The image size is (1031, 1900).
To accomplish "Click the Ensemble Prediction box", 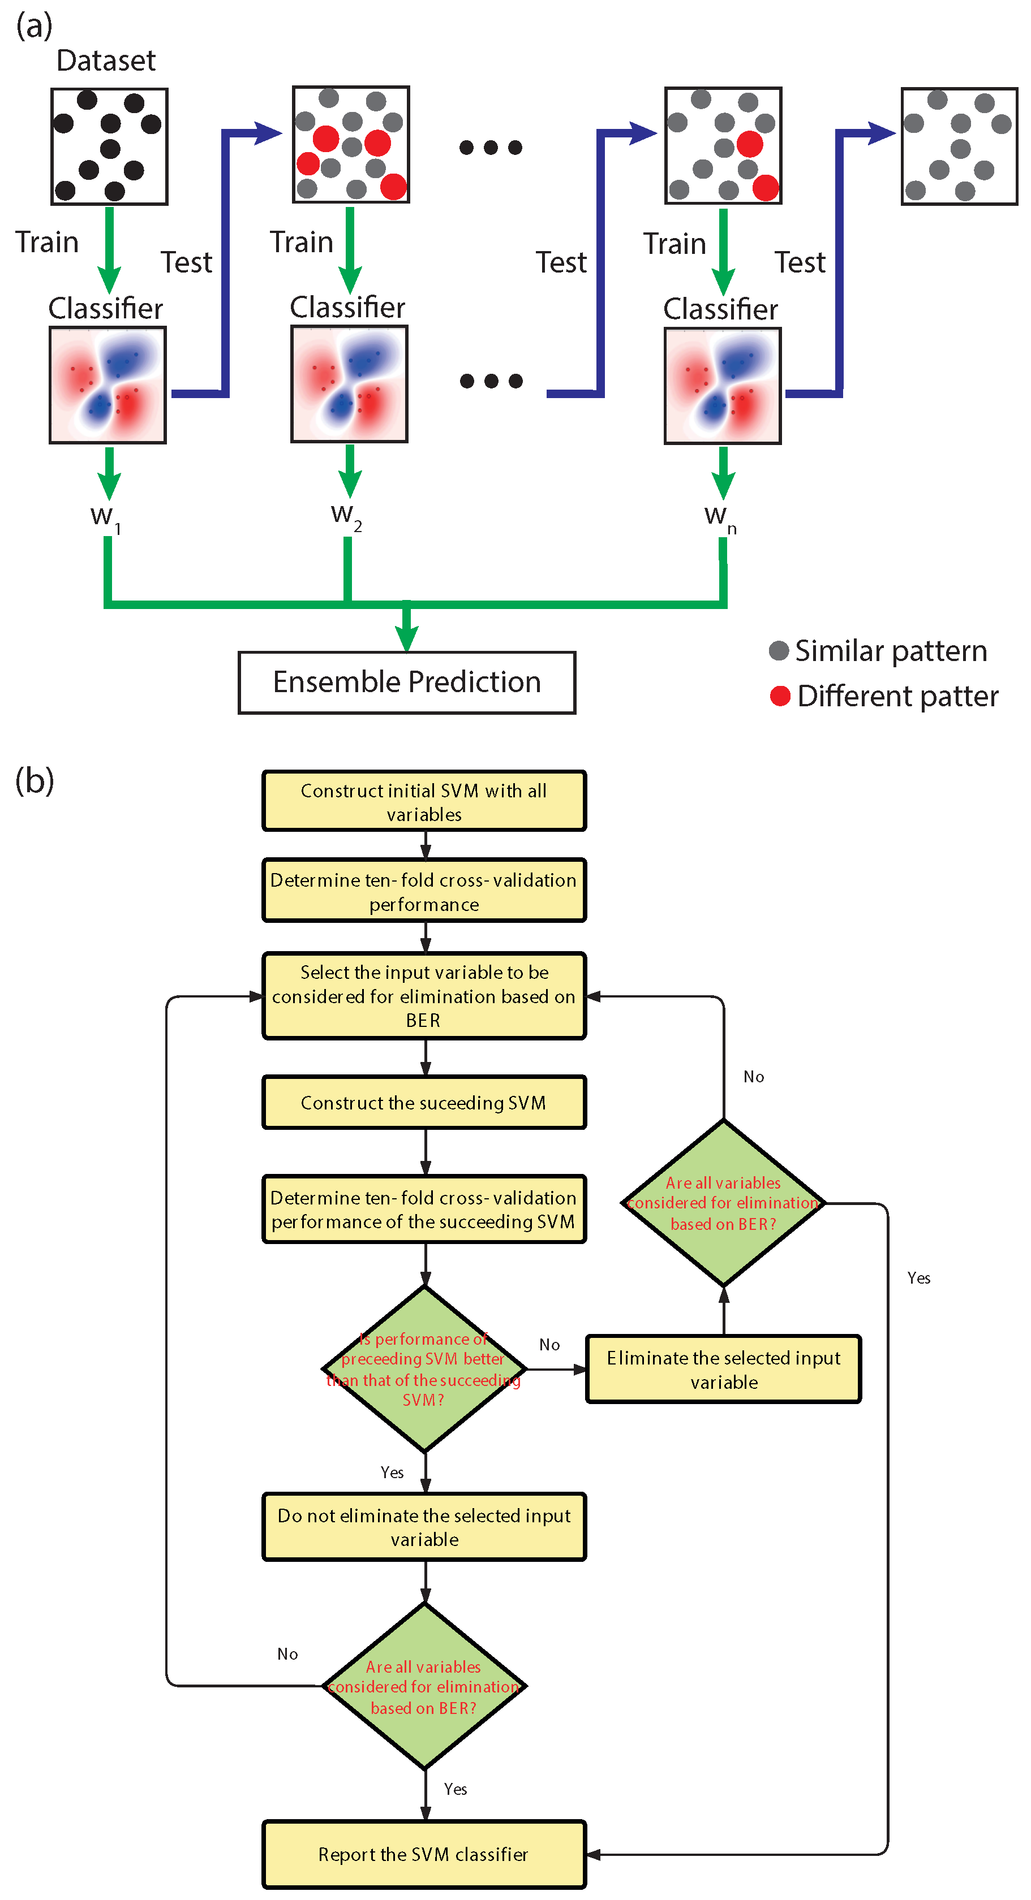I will tap(407, 683).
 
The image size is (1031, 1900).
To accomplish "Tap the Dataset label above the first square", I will tap(106, 61).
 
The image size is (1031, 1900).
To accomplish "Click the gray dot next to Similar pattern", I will tap(779, 650).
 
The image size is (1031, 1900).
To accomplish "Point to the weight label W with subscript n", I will tap(720, 518).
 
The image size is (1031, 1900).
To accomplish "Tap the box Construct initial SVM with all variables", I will tap(424, 802).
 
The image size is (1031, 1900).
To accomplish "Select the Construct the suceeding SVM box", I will tap(424, 1103).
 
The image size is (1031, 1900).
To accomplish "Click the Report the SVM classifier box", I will tap(424, 1854).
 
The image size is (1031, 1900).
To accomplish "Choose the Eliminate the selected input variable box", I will tap(723, 1370).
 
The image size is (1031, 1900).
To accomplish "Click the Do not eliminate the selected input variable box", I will tap(424, 1527).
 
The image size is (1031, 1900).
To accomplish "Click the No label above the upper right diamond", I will tap(754, 1077).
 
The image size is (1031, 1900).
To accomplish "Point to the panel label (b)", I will tap(35, 780).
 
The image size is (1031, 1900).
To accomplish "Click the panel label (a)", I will tap(35, 26).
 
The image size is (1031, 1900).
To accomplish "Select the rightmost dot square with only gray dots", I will tap(959, 146).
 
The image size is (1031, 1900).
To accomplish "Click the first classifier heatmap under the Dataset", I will tap(108, 385).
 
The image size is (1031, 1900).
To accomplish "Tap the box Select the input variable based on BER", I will tap(424, 996).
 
